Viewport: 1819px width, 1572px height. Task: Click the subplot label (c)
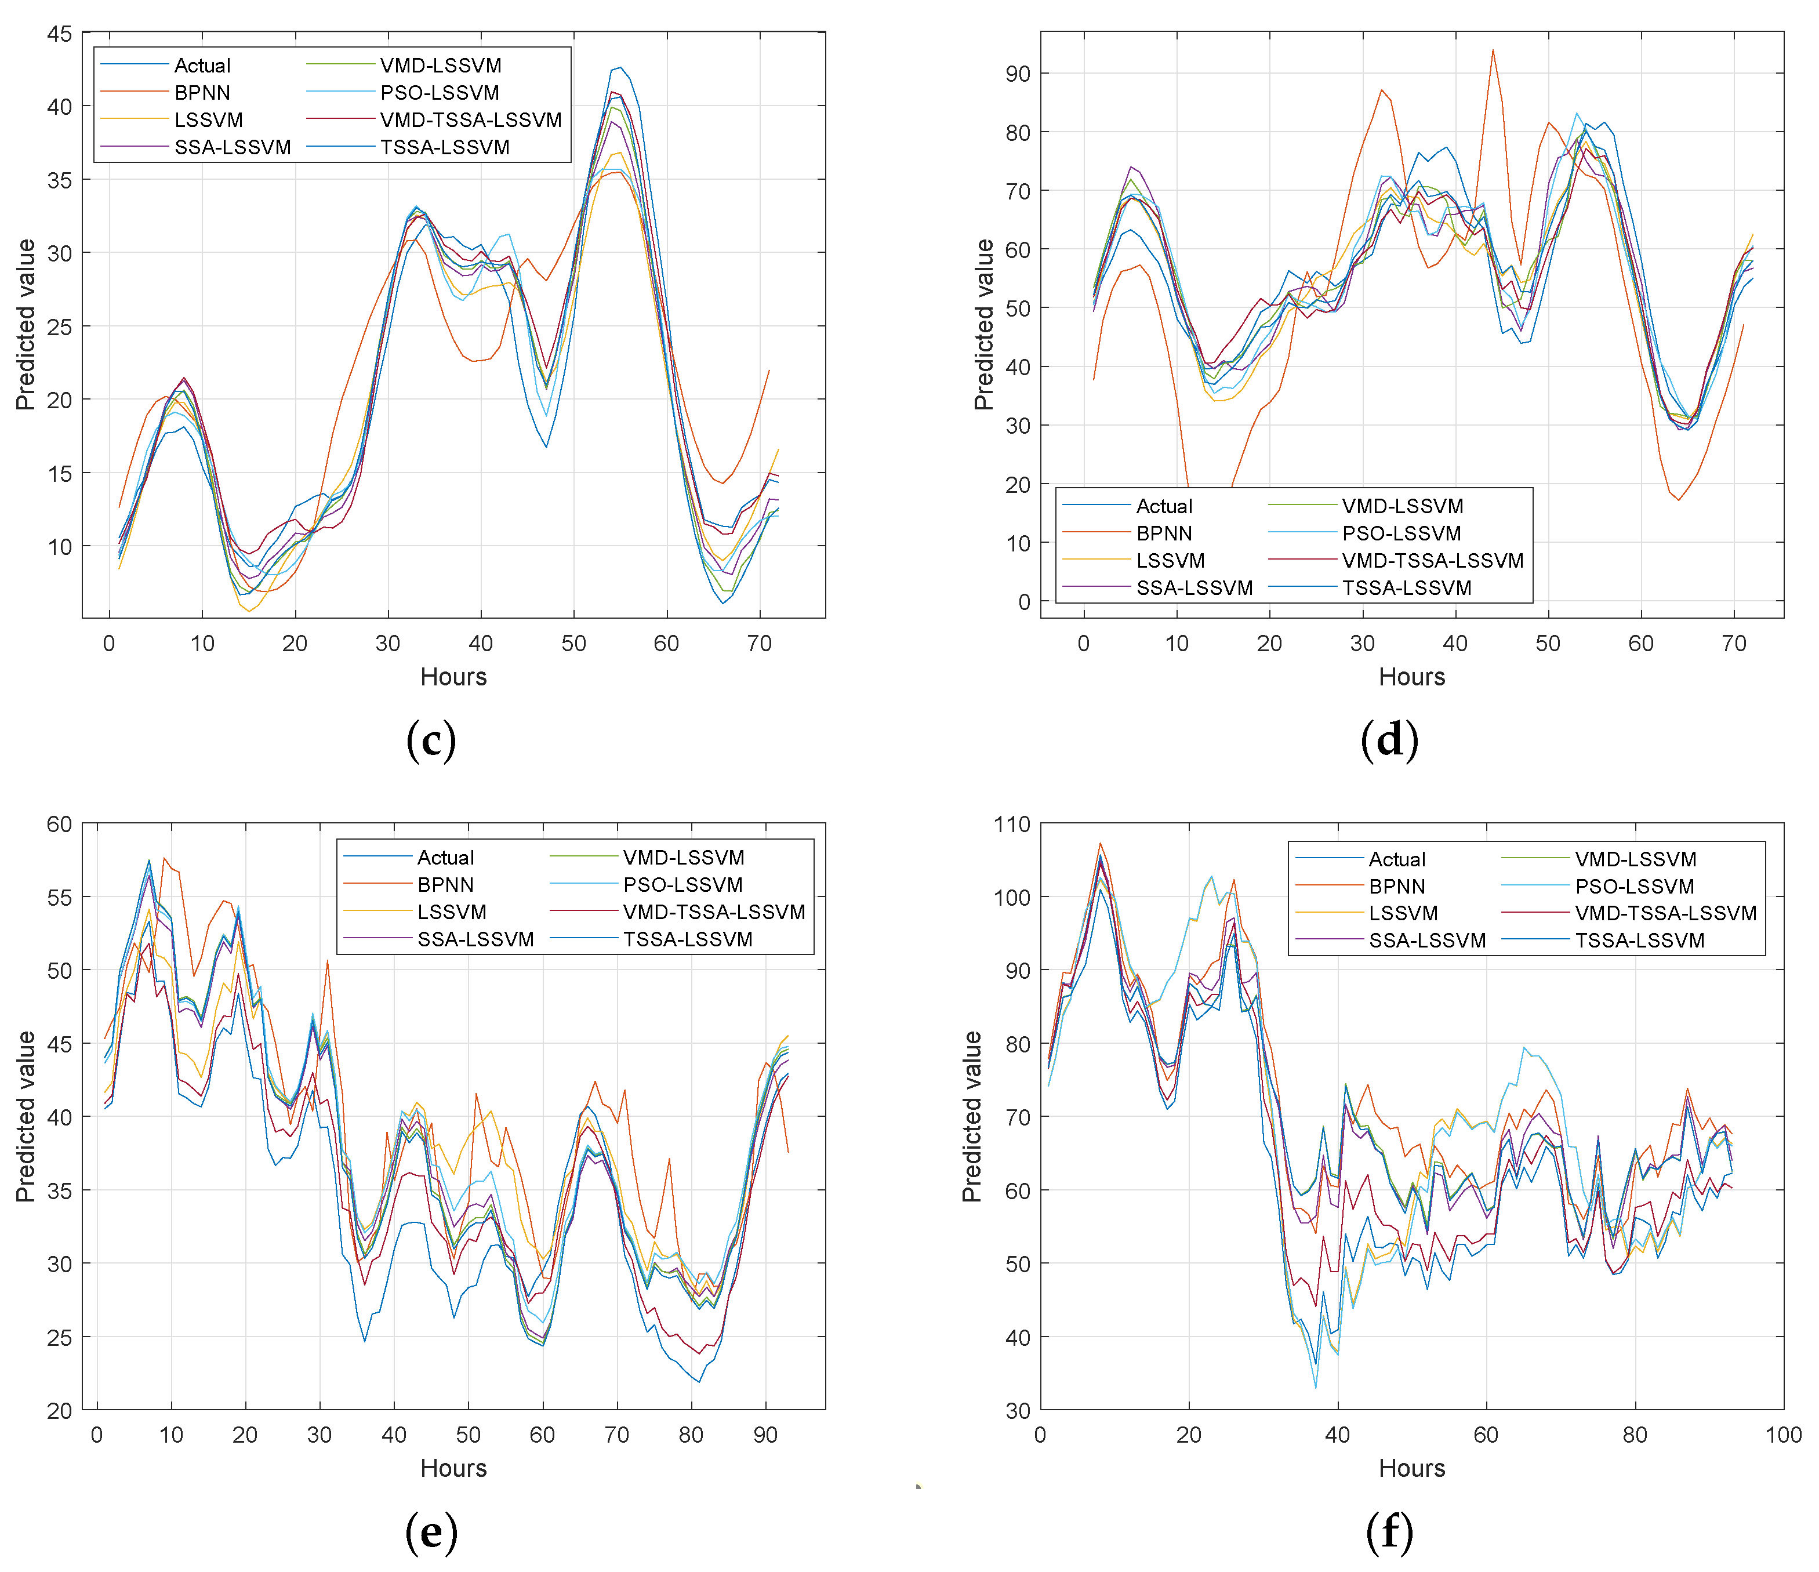(x=431, y=740)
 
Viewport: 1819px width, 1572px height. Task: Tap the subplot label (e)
(x=431, y=1531)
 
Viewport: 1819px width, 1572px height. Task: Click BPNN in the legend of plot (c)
(x=202, y=93)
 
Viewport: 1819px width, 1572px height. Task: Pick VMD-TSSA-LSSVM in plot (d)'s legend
(x=1433, y=560)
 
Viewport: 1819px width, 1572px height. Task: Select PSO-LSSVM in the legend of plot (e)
(x=683, y=885)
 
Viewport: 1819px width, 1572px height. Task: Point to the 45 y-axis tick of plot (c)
(x=60, y=34)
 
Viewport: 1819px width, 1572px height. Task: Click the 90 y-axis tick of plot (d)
(x=1018, y=74)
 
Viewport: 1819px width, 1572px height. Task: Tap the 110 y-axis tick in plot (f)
(x=1011, y=824)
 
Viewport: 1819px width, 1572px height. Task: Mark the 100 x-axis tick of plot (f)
(x=1783, y=1435)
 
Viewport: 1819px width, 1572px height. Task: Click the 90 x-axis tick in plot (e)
(x=765, y=1435)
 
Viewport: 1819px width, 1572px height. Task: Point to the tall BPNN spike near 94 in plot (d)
(x=1493, y=51)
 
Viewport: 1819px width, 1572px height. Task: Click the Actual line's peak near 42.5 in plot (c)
(x=620, y=68)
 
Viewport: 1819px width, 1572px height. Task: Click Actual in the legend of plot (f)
(x=1397, y=859)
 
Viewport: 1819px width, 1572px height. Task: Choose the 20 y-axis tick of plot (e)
(x=60, y=1410)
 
